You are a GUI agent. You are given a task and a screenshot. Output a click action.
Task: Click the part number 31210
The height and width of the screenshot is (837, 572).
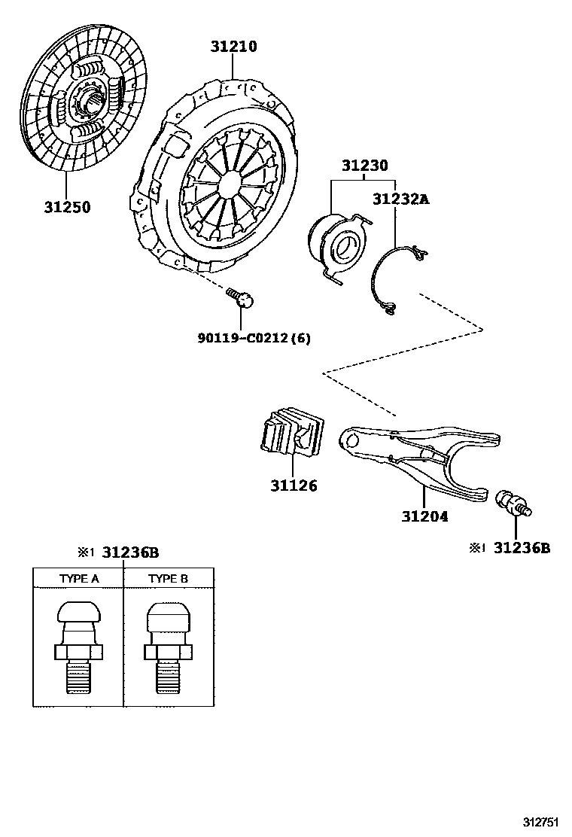click(x=233, y=47)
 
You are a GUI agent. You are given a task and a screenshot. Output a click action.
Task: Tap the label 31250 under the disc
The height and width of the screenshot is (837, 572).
click(x=66, y=207)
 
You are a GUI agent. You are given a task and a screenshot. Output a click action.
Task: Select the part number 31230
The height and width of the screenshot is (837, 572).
click(x=365, y=165)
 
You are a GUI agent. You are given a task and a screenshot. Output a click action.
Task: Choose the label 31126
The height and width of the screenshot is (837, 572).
click(x=294, y=485)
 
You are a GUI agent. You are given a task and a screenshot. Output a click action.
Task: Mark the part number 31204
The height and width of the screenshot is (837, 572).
click(x=424, y=516)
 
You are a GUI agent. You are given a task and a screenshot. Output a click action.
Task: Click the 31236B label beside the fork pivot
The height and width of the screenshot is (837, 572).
click(x=522, y=548)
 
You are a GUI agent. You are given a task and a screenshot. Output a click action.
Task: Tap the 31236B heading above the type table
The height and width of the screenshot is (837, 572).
click(x=130, y=552)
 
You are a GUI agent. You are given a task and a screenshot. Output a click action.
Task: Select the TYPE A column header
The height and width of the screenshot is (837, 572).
click(x=79, y=579)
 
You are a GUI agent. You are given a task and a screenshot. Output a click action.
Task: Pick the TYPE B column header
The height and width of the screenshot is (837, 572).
click(x=169, y=579)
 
